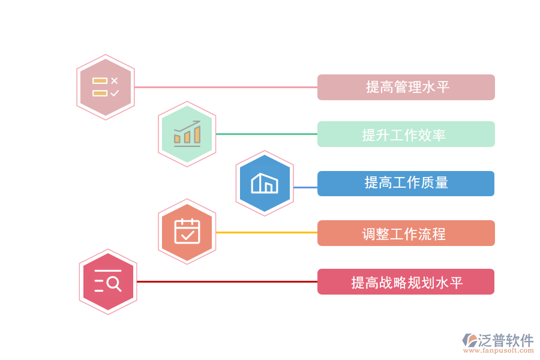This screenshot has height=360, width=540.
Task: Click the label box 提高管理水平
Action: [x=406, y=87]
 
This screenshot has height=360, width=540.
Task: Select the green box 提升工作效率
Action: [x=406, y=134]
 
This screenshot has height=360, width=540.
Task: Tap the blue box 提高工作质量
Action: [x=406, y=184]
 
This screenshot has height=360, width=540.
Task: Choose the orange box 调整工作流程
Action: [x=406, y=233]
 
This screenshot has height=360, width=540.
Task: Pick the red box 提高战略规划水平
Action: [x=406, y=282]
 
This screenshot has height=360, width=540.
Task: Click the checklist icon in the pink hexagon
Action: [x=106, y=87]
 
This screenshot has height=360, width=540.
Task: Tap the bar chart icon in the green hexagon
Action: [x=187, y=134]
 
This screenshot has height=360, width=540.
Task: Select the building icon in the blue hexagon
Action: [x=265, y=183]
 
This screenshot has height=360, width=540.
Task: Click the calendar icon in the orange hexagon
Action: [x=187, y=232]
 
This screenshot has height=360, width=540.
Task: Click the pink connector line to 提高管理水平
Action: [x=226, y=87]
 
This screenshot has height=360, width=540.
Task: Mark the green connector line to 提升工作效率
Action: [x=266, y=134]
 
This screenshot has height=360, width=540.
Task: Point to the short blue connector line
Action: [x=305, y=187]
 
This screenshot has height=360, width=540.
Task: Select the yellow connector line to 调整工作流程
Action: [x=266, y=232]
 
